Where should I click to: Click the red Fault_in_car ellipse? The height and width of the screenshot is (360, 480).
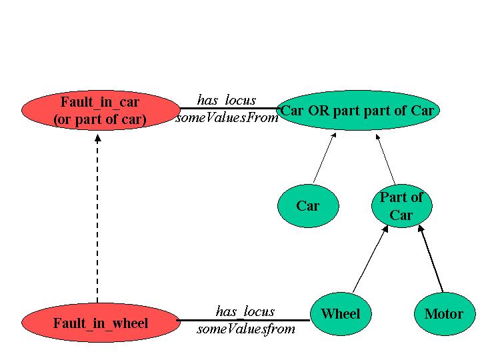coord(100,111)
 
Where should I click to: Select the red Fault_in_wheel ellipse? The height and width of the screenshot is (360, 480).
coord(100,323)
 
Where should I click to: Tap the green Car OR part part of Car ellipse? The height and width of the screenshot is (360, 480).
coord(358,111)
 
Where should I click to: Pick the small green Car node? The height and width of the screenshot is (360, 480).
coord(307,205)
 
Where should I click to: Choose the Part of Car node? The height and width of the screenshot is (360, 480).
coord(401,206)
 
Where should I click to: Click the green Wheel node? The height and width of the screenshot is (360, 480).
coord(340,314)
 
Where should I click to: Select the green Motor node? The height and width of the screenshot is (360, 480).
coord(443,314)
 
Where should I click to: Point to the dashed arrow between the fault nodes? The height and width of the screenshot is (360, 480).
coord(98,220)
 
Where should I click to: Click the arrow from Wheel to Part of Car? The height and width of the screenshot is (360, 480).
coord(370,260)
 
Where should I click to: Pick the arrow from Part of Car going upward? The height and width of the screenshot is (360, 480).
coord(386,160)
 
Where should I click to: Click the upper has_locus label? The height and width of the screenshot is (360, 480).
coord(227,101)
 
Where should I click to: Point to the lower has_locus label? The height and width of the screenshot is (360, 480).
coord(245,311)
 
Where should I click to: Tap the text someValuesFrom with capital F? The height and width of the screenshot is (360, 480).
coord(227,118)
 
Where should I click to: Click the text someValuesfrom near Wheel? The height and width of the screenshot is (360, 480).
coord(246,329)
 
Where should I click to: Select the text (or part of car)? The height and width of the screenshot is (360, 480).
coord(100,121)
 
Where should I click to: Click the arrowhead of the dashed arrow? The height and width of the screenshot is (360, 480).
coord(98,138)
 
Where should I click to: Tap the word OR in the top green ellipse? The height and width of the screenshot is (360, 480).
coord(317,111)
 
